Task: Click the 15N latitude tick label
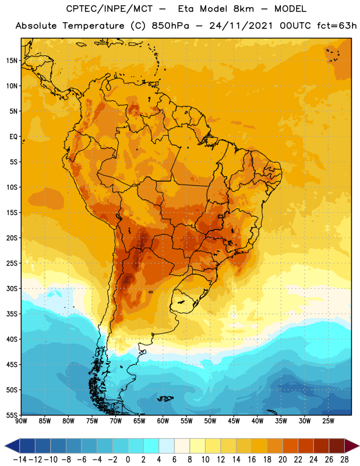tap(12, 61)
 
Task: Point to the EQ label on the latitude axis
tap(13, 137)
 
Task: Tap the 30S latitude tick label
tap(12, 288)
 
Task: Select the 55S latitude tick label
tap(12, 415)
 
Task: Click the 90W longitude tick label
tap(21, 421)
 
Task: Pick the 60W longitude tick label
tap(163, 421)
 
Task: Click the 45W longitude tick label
tap(234, 421)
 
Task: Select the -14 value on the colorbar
tap(20, 460)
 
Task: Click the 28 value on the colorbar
tap(344, 460)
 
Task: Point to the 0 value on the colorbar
tap(128, 460)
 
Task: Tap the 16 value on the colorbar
tap(252, 460)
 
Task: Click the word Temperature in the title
tap(93, 26)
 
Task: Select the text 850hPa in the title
tap(170, 26)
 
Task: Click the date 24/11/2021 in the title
tap(241, 26)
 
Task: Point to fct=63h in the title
tap(337, 26)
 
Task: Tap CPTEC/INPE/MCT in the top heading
tap(110, 9)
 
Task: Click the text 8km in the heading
tap(243, 9)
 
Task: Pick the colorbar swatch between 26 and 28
tap(337, 446)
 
